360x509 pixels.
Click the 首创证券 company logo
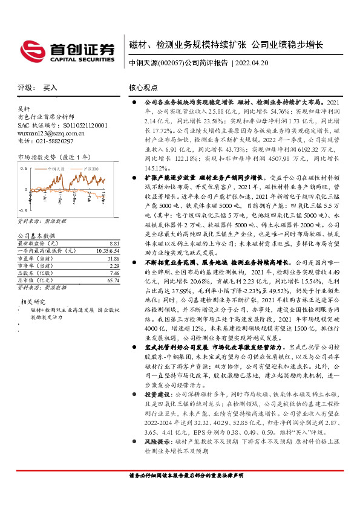pyautogui.click(x=68, y=51)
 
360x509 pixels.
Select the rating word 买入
pyautogui.click(x=50, y=87)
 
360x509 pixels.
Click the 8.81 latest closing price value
pyautogui.click(x=106, y=226)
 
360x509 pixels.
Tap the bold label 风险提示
pyautogui.click(x=155, y=476)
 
